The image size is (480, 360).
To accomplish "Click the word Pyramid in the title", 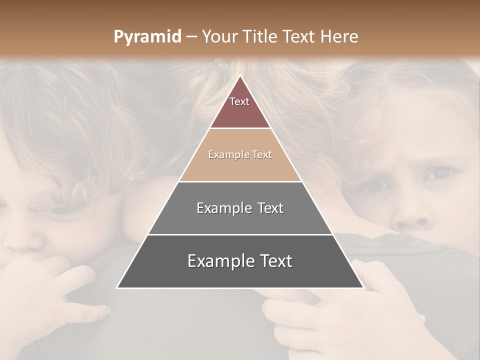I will pos(147,37).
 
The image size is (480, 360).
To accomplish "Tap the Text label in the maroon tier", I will pos(239,101).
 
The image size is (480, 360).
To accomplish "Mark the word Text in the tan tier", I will pos(262,155).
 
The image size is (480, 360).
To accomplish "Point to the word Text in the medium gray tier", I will pos(269,208).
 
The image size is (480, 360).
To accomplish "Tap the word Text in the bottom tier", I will pos(275,261).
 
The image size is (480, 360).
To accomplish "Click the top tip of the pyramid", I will pos(240,76).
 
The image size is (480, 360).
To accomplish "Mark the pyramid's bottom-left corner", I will pos(117,287).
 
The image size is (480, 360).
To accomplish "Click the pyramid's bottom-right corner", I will pos(363,287).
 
